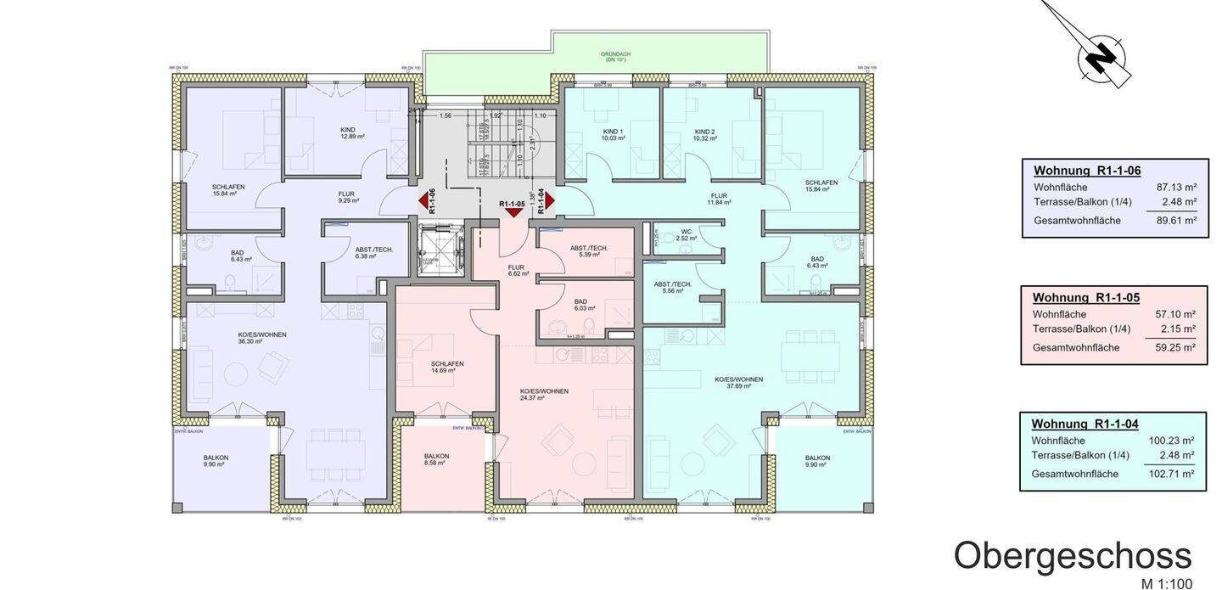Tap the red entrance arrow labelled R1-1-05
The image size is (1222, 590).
[x=513, y=212]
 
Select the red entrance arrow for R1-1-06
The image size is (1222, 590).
[x=423, y=201]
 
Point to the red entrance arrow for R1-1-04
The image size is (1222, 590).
[x=549, y=201]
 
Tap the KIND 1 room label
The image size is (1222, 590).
[x=613, y=134]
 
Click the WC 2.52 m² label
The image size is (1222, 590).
[x=687, y=235]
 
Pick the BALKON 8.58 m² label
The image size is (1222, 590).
[x=436, y=459]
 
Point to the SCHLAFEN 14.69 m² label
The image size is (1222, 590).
[x=446, y=367]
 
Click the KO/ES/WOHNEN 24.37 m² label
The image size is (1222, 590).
[x=544, y=394]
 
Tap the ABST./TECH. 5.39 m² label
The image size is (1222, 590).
[x=589, y=250]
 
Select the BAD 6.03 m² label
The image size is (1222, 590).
[x=580, y=304]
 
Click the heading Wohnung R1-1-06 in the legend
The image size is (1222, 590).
[x=1087, y=171]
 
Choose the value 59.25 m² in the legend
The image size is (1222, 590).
[x=1175, y=347]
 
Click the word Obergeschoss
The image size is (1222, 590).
[x=1072, y=556]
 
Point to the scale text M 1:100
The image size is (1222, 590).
[x=1166, y=583]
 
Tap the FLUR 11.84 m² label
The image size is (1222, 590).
[x=719, y=199]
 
